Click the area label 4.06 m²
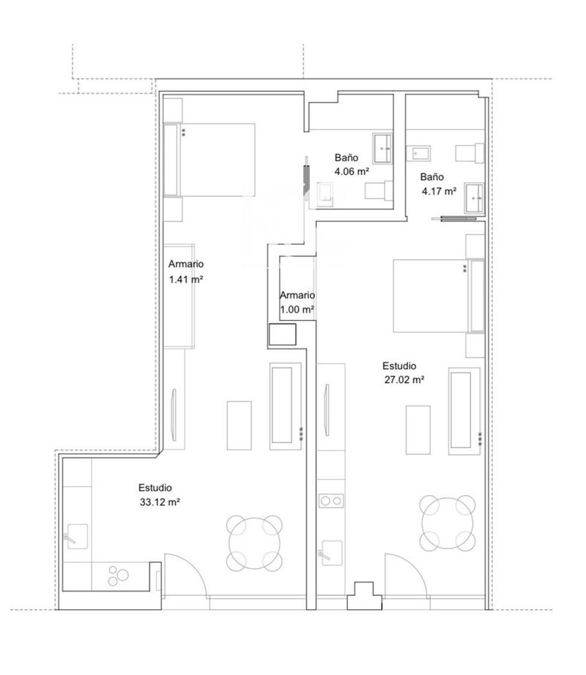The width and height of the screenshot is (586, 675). (x=352, y=171)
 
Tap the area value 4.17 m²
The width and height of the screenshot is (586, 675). (x=439, y=191)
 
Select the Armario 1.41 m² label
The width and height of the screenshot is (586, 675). (x=185, y=279)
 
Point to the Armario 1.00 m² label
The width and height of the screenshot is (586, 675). (x=297, y=310)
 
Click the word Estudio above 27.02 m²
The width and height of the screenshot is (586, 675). (x=399, y=366)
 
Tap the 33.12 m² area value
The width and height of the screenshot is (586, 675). (x=160, y=502)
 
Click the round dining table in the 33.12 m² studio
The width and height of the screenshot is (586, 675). (x=255, y=542)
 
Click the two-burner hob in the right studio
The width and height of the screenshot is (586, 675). (x=330, y=501)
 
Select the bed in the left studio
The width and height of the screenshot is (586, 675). (x=212, y=160)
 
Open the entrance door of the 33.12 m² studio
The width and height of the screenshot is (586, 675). (x=185, y=575)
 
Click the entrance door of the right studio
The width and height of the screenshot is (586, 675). (x=406, y=575)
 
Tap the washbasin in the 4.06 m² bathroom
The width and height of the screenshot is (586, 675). (x=383, y=149)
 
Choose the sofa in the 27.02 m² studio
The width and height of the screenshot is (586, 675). (x=464, y=410)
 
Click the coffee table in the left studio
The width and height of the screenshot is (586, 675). (x=240, y=425)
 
